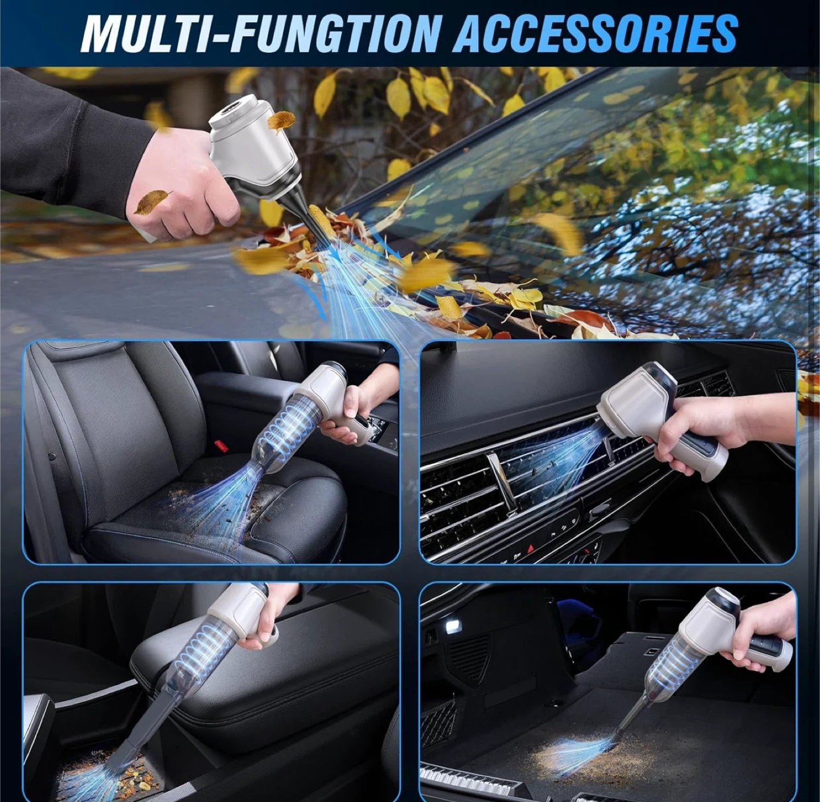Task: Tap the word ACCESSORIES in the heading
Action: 597,33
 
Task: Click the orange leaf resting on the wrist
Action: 151,202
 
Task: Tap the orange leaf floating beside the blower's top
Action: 281,120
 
